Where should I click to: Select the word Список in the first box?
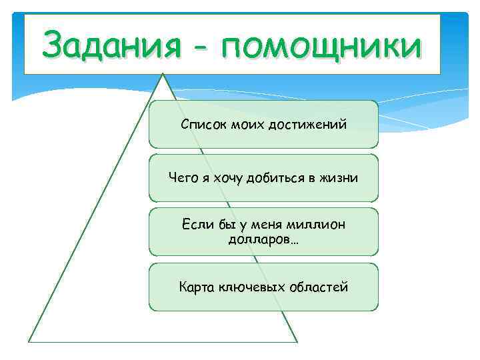click(201, 125)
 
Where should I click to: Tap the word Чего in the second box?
click(182, 178)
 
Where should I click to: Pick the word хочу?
click(229, 178)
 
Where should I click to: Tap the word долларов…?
click(263, 239)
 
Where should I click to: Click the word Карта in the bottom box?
click(196, 287)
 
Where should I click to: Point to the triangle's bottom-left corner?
click(29, 341)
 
